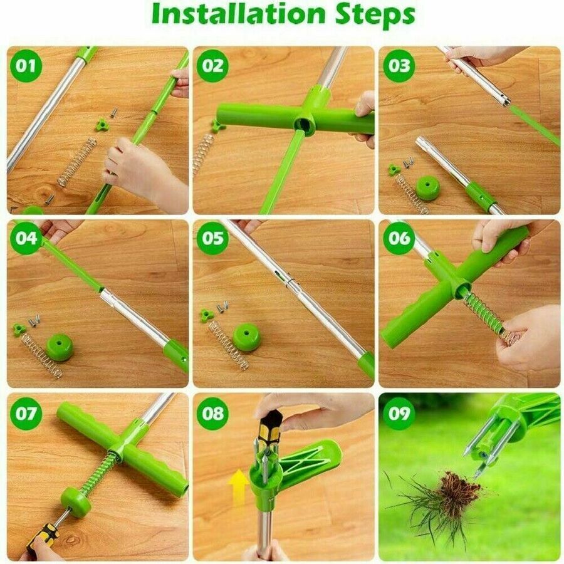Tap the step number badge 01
tap(26, 66)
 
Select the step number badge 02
tap(212, 66)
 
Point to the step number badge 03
tap(399, 66)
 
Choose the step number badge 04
tap(26, 239)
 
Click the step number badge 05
tap(212, 239)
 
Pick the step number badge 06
tap(399, 239)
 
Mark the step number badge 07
tap(26, 414)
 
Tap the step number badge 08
tap(212, 414)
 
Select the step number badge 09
tap(399, 414)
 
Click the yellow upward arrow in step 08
tap(238, 488)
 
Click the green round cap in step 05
tap(246, 337)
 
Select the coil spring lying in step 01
tap(77, 162)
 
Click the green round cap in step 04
tap(60, 347)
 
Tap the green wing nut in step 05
tap(206, 315)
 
